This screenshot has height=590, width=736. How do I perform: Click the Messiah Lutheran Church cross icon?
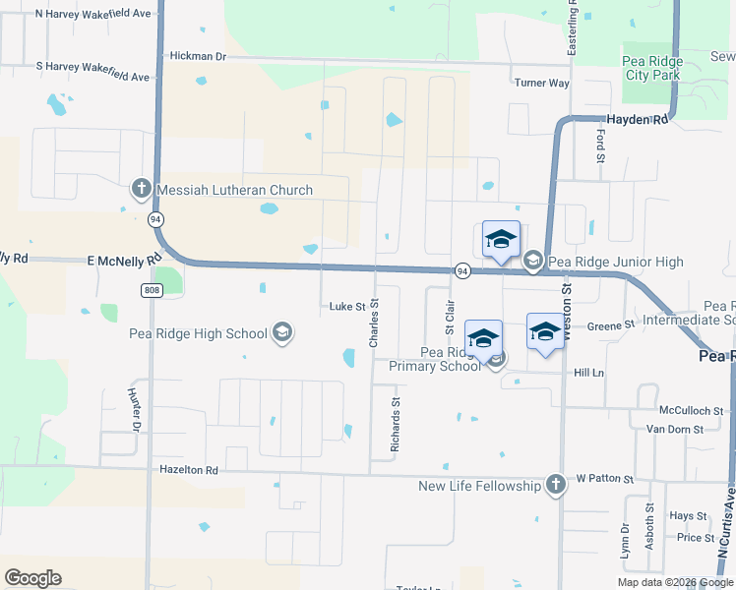point(140,189)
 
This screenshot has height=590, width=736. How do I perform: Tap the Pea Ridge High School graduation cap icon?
point(283,332)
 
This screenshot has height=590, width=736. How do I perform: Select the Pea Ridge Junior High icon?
point(533,261)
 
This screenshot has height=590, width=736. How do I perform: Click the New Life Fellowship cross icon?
point(556,485)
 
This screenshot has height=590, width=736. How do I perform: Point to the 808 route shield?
point(150,290)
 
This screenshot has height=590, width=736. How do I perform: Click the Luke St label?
point(347,307)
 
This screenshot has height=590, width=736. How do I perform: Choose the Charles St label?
point(374,324)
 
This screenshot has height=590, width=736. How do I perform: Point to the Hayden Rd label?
point(637,119)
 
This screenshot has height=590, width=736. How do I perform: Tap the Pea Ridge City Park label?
point(652,68)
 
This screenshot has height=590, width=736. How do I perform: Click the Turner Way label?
point(541,83)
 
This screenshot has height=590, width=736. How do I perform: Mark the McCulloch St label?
point(692,410)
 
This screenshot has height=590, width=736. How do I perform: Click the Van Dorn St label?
point(674,429)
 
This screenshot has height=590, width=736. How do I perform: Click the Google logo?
point(32,578)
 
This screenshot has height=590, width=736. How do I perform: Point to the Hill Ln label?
point(588,373)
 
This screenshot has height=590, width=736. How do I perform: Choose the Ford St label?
point(600,145)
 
